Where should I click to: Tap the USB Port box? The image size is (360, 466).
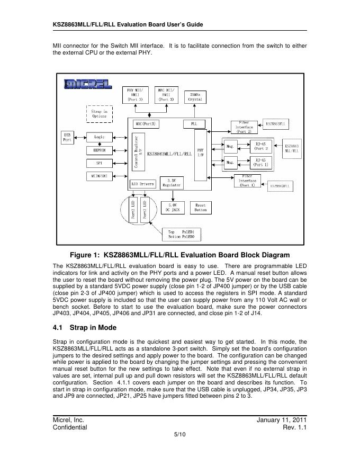coord(67,137)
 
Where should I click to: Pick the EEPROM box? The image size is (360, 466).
coord(100,150)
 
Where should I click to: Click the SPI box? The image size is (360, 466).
coord(100,163)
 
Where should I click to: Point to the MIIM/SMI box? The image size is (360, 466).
coord(100,176)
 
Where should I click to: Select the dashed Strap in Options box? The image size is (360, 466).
coord(99,113)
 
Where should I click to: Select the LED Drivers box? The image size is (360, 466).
coord(143,184)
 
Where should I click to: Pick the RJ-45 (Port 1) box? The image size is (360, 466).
coord(264,162)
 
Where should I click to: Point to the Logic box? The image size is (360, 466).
coord(100,137)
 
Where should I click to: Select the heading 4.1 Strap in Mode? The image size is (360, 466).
coord(84,327)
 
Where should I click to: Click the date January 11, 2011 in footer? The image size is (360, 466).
coord(282,419)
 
